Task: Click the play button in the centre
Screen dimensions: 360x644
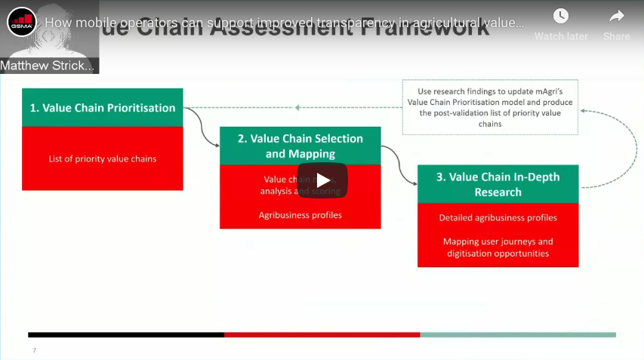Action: click(x=322, y=180)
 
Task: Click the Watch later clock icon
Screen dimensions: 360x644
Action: click(x=560, y=17)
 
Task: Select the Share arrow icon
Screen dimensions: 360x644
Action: click(x=616, y=17)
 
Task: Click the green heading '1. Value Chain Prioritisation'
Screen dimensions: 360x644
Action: click(x=103, y=108)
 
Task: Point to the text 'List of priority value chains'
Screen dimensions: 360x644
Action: click(x=103, y=158)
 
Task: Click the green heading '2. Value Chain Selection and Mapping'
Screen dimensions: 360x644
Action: click(x=300, y=146)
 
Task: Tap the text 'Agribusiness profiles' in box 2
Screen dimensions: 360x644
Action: click(x=300, y=215)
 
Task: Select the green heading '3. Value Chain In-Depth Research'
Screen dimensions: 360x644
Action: click(x=498, y=184)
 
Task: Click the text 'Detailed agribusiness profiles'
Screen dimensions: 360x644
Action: click(x=498, y=218)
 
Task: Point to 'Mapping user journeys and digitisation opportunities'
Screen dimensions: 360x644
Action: click(x=498, y=248)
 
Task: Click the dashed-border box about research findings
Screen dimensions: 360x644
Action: click(x=490, y=107)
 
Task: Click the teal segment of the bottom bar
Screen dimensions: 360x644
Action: click(x=518, y=334)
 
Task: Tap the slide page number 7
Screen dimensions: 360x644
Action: click(x=34, y=350)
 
